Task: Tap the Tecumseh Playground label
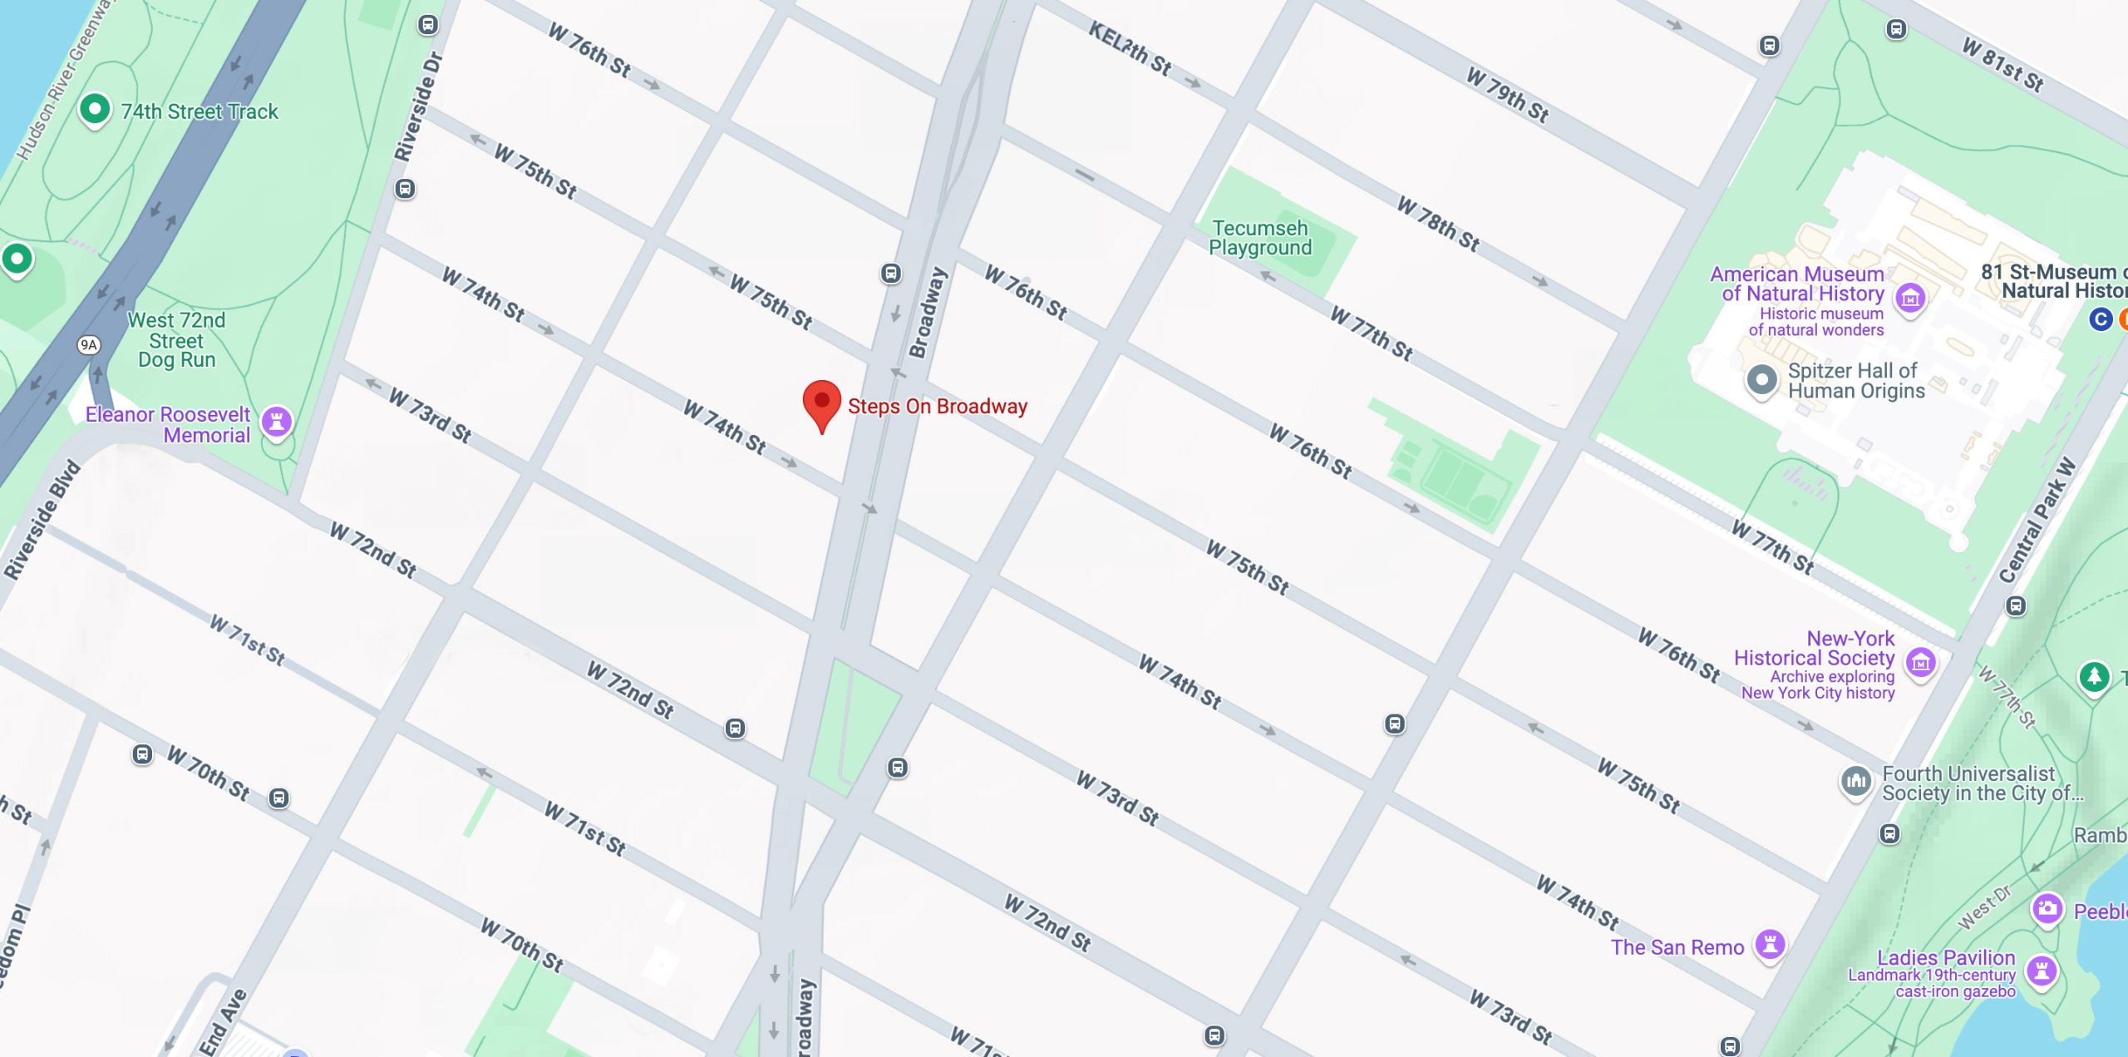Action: pyautogui.click(x=1260, y=238)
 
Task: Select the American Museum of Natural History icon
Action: pyautogui.click(x=1910, y=296)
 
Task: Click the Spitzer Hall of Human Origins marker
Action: pyautogui.click(x=1761, y=380)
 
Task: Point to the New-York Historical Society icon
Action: pyautogui.click(x=1920, y=663)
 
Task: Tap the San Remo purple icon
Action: pyautogui.click(x=1770, y=944)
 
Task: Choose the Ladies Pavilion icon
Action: pyautogui.click(x=2041, y=970)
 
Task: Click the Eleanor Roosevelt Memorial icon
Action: pyautogui.click(x=277, y=421)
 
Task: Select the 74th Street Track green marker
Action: pyautogui.click(x=95, y=109)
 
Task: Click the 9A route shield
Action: pyautogui.click(x=89, y=344)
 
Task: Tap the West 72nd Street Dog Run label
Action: pyautogui.click(x=176, y=340)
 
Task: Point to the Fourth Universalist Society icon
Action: pyautogui.click(x=1855, y=781)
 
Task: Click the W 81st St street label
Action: pyautogui.click(x=2002, y=64)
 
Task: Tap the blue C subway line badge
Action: pyautogui.click(x=2100, y=319)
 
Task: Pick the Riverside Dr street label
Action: pyautogui.click(x=418, y=106)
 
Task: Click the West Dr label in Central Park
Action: pyautogui.click(x=1985, y=906)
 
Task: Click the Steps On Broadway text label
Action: pyautogui.click(x=937, y=406)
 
